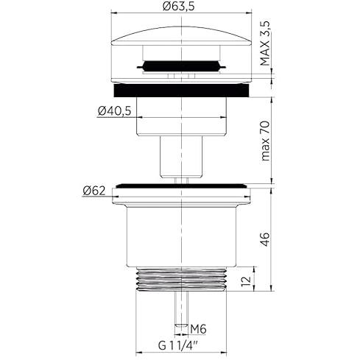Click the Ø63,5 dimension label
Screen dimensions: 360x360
pos(179,6)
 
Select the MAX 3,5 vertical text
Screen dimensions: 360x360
pos(265,43)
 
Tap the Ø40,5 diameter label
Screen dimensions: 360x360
pos(115,111)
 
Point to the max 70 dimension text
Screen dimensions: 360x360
pos(266,141)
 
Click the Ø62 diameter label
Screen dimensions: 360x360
pos(94,191)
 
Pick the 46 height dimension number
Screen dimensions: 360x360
pos(265,239)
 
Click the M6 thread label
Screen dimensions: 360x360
pos(198,329)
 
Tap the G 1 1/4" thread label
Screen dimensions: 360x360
pos(178,346)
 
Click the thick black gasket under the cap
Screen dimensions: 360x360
pos(181,91)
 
